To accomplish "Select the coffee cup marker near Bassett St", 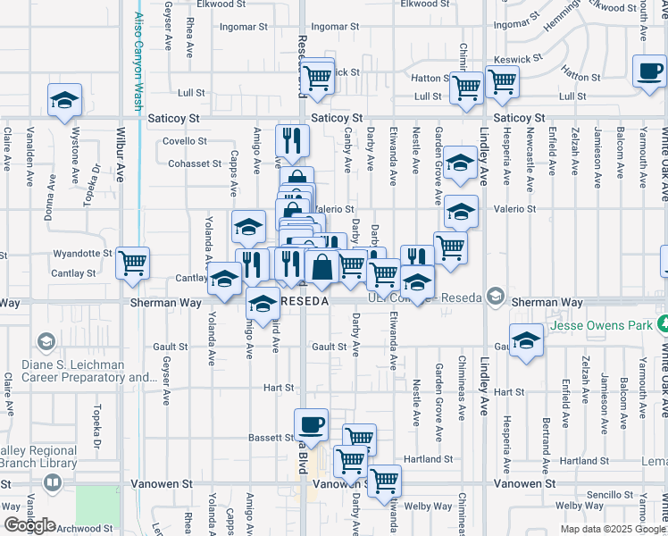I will (x=311, y=425).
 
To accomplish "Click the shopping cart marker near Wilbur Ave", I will (x=132, y=264).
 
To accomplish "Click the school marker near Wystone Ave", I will (x=64, y=101).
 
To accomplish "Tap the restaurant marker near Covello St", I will (x=293, y=140).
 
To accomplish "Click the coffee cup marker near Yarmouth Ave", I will (x=649, y=71).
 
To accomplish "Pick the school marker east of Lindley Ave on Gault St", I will (x=527, y=340).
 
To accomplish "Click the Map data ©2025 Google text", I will (x=613, y=529).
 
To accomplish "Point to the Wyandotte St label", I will (x=82, y=253).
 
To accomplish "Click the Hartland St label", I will (x=428, y=459).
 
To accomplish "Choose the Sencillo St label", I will (x=610, y=494).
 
